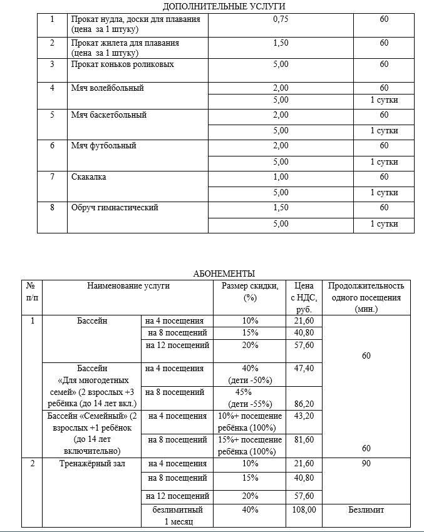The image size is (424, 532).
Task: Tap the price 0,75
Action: click(281, 19)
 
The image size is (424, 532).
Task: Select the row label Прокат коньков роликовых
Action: click(123, 64)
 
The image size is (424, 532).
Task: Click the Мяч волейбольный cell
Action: click(108, 88)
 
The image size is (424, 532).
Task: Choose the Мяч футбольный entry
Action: click(103, 146)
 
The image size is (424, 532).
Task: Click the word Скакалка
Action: click(89, 177)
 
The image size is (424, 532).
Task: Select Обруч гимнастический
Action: click(115, 208)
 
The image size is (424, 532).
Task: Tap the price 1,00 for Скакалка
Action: click(281, 177)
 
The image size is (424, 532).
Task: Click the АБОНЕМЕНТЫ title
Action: click(224, 274)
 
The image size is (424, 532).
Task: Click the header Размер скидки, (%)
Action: click(251, 292)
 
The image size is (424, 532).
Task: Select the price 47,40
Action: click(304, 369)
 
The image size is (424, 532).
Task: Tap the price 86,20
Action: click(304, 404)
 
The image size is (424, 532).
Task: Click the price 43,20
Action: click(304, 416)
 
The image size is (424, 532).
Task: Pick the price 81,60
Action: click(304, 440)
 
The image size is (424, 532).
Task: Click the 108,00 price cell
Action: click(304, 510)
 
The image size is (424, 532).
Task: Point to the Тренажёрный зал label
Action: click(92, 464)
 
